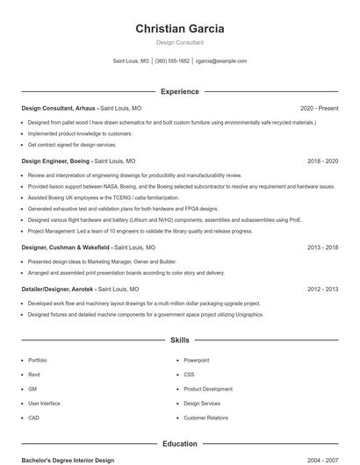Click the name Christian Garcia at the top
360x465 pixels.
point(179,28)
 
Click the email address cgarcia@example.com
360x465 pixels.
point(221,61)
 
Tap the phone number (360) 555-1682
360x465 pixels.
point(172,61)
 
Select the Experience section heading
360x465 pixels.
point(179,91)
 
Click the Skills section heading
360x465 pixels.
point(179,340)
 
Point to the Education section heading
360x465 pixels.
point(179,444)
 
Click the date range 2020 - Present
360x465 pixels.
point(319,108)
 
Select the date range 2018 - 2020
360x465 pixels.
point(322,161)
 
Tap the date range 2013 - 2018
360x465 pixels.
point(322,247)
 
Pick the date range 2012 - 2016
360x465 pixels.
point(322,289)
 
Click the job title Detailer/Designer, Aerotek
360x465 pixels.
point(58,289)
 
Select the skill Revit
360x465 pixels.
point(33,375)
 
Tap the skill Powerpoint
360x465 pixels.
point(196,361)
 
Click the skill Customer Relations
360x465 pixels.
point(205,418)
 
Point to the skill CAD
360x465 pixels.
point(33,418)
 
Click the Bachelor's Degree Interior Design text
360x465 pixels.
point(68,460)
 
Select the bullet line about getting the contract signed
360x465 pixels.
point(72,145)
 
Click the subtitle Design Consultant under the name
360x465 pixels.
point(179,42)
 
